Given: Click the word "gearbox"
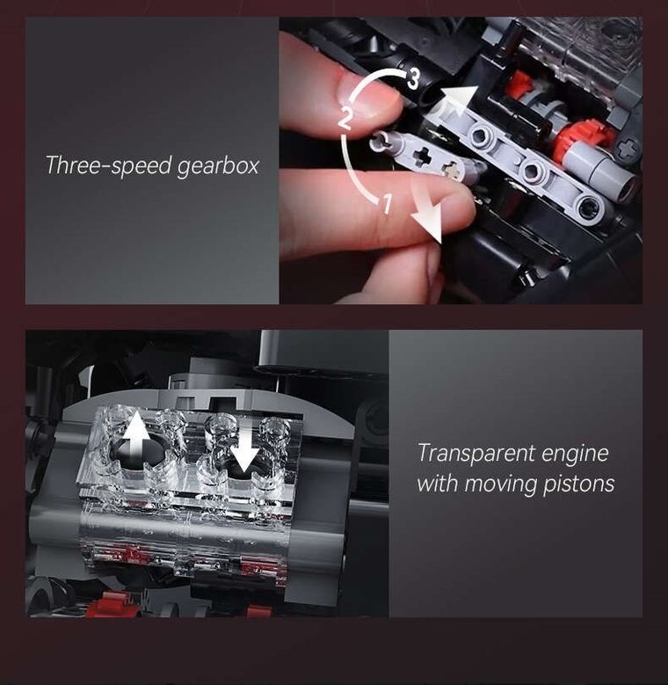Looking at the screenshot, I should pyautogui.click(x=217, y=166).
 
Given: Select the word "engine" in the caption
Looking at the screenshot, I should pyautogui.click(x=575, y=455).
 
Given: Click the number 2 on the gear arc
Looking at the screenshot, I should pyautogui.click(x=345, y=117).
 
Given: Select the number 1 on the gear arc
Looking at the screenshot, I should pyautogui.click(x=384, y=205).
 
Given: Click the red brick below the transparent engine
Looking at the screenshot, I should pyautogui.click(x=109, y=604).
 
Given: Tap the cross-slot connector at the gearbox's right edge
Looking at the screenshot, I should pyautogui.click(x=626, y=149).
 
